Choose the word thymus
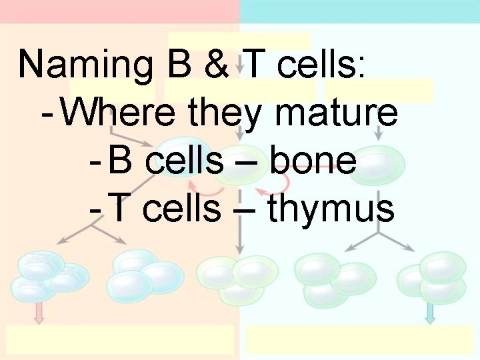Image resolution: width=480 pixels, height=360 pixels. coord(331,210)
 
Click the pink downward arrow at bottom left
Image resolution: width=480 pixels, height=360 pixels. coord(39,312)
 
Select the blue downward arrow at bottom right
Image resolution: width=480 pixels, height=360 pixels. coord(430,312)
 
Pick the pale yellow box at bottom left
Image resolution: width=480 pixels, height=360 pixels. coord(120,340)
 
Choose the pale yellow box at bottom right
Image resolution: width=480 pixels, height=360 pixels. coord(360,340)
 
